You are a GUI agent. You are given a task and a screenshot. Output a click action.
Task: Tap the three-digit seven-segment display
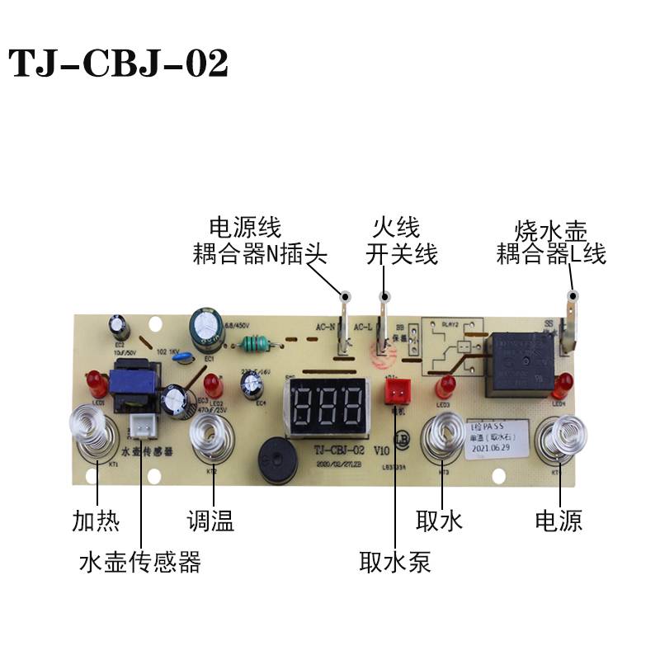[328, 404]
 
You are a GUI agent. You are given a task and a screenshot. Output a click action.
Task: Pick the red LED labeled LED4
[565, 384]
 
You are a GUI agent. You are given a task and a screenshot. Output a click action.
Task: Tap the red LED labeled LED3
[447, 385]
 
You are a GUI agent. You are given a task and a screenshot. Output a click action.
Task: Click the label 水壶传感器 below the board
[140, 563]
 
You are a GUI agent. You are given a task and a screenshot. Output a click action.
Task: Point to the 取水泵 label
[395, 563]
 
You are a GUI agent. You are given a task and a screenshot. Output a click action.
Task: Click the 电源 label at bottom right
[559, 521]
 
